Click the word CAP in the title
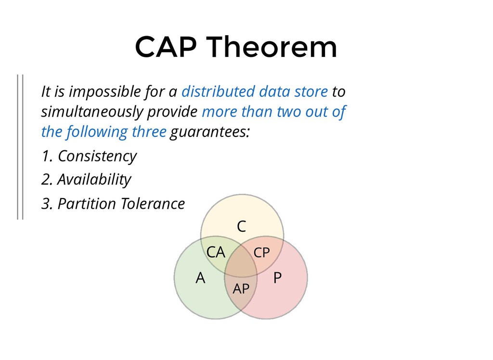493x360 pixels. pos(166,47)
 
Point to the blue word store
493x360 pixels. pos(311,92)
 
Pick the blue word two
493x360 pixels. pos(289,112)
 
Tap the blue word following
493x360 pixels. pos(97,132)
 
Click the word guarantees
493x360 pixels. pos(210,132)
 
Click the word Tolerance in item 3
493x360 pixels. pos(153,203)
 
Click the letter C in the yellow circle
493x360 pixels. pos(242,227)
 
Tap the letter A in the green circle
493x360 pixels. pos(200,278)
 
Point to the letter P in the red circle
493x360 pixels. pos(277,278)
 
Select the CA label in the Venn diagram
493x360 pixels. pos(216,253)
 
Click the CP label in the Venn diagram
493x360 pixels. pos(261,253)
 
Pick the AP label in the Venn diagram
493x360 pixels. pos(241,289)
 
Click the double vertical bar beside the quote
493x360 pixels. pos(20,147)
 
